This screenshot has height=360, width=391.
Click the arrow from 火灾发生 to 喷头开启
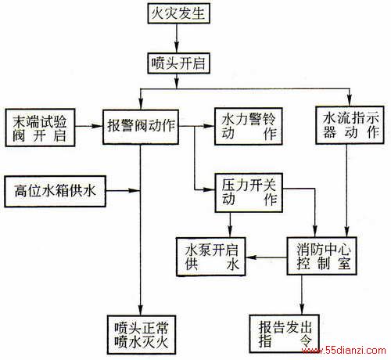click(x=177, y=38)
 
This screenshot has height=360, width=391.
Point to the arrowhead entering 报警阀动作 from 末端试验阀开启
click(x=97, y=126)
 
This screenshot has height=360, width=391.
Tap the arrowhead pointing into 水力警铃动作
click(x=209, y=126)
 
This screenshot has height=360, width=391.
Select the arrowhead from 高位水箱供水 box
click(x=135, y=191)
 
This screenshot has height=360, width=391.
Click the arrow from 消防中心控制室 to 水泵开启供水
click(x=267, y=257)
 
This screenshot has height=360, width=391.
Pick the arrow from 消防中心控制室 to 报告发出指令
click(x=303, y=295)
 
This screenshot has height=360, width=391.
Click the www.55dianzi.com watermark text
click(x=343, y=351)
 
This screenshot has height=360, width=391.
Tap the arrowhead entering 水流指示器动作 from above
click(x=350, y=100)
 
